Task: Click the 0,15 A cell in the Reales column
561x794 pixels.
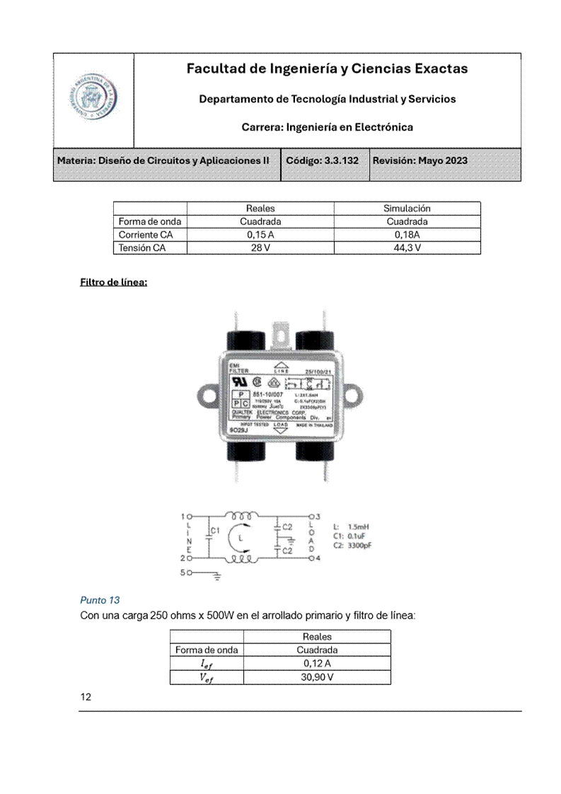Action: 260,235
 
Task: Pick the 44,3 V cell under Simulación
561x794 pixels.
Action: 407,248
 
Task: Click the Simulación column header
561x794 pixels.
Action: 407,208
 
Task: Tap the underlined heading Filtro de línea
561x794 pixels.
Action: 114,282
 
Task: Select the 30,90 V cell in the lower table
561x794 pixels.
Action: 317,677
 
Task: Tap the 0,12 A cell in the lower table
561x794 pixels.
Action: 317,663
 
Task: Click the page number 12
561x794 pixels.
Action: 86,697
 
